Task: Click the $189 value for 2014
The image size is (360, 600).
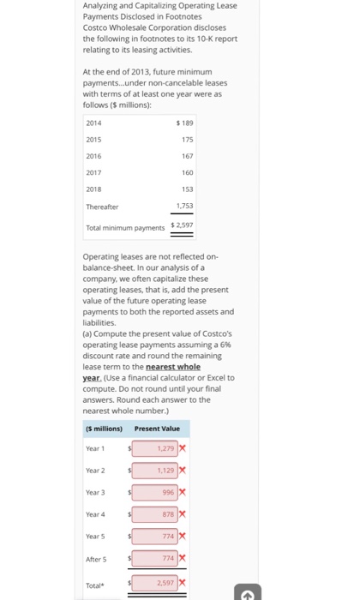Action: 184,123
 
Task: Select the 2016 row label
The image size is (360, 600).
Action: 93,156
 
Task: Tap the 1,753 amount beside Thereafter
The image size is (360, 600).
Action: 184,206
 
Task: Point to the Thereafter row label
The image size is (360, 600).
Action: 101,206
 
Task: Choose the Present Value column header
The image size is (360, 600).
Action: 157,428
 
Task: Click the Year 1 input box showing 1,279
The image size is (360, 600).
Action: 155,447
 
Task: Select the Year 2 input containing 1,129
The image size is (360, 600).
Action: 155,470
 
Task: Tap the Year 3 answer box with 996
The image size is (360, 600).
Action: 155,492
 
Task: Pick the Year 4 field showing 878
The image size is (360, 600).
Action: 155,514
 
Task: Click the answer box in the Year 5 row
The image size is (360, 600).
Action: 155,537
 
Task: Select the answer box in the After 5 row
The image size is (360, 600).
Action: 155,559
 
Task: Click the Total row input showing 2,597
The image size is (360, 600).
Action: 155,582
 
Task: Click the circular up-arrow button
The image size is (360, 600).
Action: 247,592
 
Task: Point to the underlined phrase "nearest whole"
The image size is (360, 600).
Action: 172,367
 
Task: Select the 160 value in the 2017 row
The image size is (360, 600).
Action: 187,172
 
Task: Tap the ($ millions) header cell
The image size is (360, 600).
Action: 105,428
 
